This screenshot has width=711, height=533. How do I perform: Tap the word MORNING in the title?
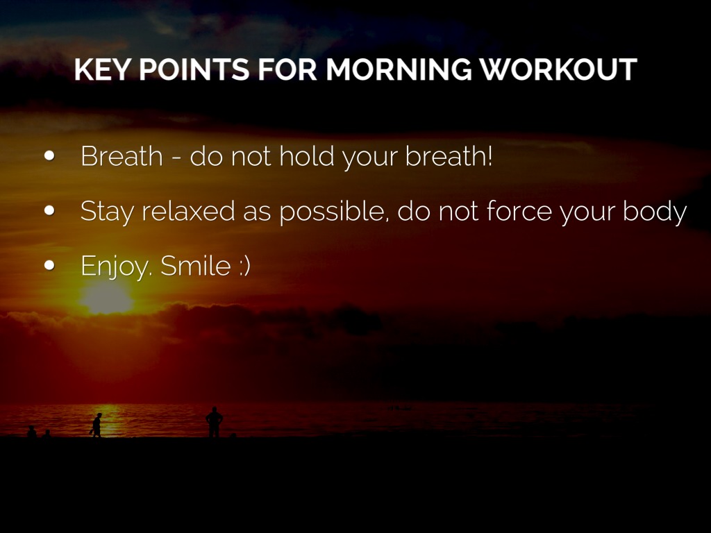point(399,69)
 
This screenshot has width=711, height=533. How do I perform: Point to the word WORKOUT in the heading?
point(558,69)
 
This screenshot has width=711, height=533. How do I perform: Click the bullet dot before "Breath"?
point(49,156)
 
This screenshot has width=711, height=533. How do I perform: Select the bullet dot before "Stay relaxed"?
point(49,210)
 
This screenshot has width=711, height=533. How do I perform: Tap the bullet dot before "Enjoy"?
point(49,265)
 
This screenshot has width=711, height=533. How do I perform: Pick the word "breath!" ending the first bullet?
point(449,156)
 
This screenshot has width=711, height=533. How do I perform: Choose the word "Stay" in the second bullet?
point(107,212)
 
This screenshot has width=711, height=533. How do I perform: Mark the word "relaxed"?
point(188,210)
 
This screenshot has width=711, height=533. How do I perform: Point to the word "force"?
point(519,210)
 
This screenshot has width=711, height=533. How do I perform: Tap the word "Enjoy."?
point(115,266)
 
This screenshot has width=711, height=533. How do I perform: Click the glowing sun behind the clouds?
point(106,298)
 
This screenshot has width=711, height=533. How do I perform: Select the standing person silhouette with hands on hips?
point(214,422)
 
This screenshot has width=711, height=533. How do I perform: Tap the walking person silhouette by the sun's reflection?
point(96,425)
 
